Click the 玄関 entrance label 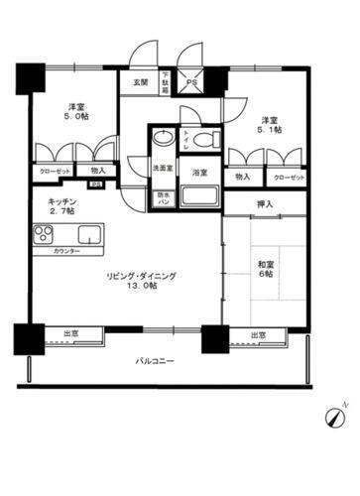pos(141,83)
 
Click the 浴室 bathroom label pos(200,173)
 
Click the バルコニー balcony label pos(155,362)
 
